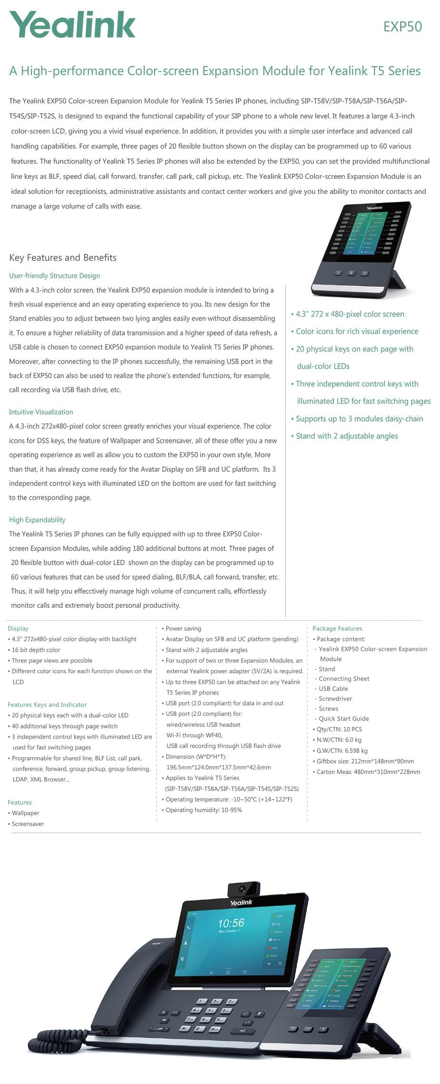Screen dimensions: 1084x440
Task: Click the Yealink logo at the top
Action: point(72,25)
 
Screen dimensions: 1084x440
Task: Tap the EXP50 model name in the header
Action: point(402,27)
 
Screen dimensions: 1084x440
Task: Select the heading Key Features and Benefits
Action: point(63,258)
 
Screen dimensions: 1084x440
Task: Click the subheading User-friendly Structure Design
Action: point(54,276)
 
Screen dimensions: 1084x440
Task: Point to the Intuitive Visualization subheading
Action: point(41,412)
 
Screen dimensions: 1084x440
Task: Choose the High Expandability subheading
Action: point(37,520)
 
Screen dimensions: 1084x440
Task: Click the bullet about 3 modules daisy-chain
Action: point(359,419)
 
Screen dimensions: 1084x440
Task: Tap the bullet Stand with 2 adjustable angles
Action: point(347,436)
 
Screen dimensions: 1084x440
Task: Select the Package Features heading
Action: point(337,628)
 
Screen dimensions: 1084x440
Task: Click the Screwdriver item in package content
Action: point(335,699)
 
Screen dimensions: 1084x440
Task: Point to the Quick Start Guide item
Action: point(343,719)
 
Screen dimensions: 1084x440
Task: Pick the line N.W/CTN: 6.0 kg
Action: point(339,740)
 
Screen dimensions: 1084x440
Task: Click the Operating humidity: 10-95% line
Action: point(204,810)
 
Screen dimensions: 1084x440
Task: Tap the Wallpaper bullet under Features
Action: point(26,813)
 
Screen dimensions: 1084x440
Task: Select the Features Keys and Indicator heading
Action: point(47,704)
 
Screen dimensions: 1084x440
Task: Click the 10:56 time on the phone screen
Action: point(231,923)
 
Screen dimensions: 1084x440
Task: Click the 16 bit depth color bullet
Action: point(36,650)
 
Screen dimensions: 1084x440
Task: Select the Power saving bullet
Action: point(183,628)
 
